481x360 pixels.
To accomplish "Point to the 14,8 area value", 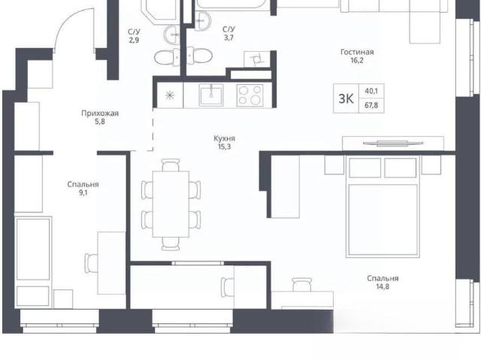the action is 383,286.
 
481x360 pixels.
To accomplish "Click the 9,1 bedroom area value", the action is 83,193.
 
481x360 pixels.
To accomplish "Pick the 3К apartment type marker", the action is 346,98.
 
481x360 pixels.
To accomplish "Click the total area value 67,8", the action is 371,105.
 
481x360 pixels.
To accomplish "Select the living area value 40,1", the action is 371,91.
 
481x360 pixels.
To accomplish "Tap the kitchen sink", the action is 211,95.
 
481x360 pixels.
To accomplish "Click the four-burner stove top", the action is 250,95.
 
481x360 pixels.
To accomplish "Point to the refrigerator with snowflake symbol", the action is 170,95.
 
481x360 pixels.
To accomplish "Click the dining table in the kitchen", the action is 171,204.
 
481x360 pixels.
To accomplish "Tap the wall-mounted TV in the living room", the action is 392,143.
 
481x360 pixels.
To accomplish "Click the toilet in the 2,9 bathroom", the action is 167,56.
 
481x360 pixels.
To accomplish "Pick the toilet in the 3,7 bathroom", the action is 199,56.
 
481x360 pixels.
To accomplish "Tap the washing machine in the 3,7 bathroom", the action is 257,59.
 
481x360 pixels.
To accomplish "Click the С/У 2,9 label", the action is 134,35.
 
